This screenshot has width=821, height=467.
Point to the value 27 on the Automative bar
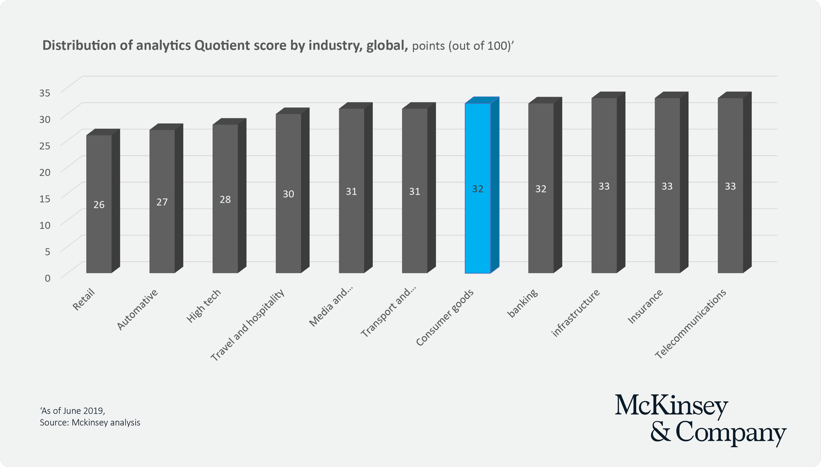162,202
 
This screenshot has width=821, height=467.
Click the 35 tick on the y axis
45,93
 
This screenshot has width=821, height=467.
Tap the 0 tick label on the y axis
47,278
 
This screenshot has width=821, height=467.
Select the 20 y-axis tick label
45,172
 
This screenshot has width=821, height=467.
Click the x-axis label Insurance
645,306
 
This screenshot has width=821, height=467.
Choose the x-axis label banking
522,303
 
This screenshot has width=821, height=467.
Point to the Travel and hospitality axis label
247,325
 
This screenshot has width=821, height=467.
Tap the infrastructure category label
575,313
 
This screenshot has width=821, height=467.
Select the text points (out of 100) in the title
461,46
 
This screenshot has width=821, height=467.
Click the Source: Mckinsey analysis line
90,422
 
